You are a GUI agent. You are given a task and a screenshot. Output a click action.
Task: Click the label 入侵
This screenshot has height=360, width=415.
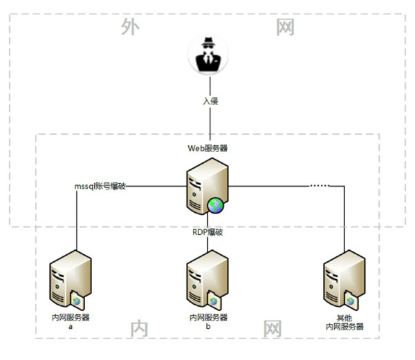tap(210, 101)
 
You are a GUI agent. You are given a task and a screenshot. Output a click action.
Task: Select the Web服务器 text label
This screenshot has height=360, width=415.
tap(208, 148)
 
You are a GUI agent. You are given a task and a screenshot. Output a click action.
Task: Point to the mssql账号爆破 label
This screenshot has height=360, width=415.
tap(100, 186)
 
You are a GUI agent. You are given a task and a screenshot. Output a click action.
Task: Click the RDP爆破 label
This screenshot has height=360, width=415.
tap(208, 232)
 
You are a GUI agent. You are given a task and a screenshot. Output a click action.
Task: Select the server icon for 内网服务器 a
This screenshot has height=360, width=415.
tap(71, 279)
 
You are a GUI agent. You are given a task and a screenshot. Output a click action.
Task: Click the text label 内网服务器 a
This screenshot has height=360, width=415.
tap(71, 321)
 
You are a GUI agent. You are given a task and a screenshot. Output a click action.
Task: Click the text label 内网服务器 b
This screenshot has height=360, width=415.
tap(208, 321)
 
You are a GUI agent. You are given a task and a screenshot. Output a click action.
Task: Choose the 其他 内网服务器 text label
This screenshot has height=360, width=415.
tap(344, 323)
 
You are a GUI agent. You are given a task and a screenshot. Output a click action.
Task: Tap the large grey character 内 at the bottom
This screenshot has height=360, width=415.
tap(140, 329)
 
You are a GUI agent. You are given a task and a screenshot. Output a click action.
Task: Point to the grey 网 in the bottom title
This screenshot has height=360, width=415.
tap(273, 329)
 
